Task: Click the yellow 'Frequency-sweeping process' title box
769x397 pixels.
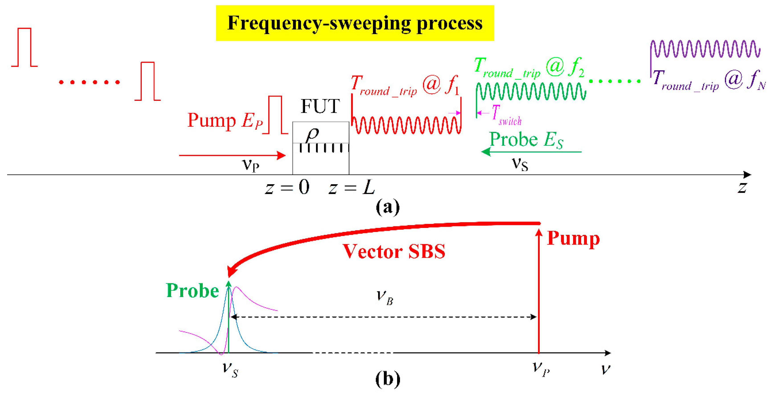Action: pyautogui.click(x=355, y=23)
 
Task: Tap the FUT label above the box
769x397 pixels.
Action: pyautogui.click(x=320, y=106)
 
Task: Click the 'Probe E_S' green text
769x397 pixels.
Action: pyautogui.click(x=526, y=140)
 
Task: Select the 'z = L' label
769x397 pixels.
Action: pyautogui.click(x=351, y=188)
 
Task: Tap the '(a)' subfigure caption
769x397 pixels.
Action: pyautogui.click(x=388, y=207)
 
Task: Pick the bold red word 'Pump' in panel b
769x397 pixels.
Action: pyautogui.click(x=573, y=239)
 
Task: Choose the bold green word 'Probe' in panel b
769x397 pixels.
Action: pyautogui.click(x=193, y=291)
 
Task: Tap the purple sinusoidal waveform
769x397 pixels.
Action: pyautogui.click(x=705, y=49)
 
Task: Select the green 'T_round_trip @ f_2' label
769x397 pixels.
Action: pyautogui.click(x=529, y=68)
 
